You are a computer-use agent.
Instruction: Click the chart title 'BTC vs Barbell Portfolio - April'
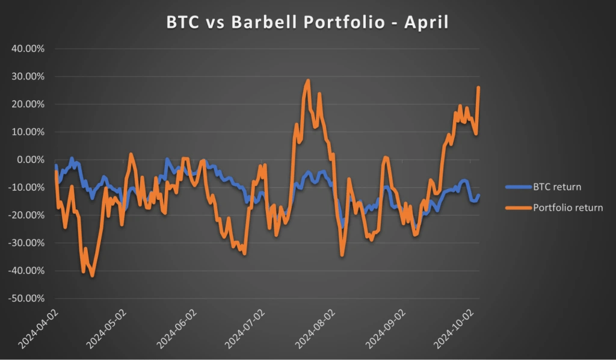(x=308, y=23)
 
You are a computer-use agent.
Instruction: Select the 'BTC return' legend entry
(x=557, y=187)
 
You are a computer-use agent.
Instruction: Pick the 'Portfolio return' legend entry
(x=568, y=208)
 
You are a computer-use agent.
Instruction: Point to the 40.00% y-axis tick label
(x=28, y=49)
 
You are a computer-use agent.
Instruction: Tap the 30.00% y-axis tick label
(x=28, y=76)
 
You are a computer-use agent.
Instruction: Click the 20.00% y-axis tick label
(x=28, y=104)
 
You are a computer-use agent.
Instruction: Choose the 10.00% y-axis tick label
(x=28, y=132)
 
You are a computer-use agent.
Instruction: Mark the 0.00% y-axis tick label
(x=31, y=160)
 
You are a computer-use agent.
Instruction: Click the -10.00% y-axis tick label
(x=27, y=187)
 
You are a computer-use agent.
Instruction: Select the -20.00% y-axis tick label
(x=27, y=215)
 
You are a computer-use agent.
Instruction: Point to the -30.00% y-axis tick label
(x=27, y=243)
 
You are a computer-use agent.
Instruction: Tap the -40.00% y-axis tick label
(x=27, y=270)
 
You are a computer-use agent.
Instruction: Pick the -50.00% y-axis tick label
(x=27, y=298)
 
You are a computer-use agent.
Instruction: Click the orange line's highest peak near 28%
(x=308, y=80)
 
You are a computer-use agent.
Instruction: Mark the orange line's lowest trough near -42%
(x=92, y=276)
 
